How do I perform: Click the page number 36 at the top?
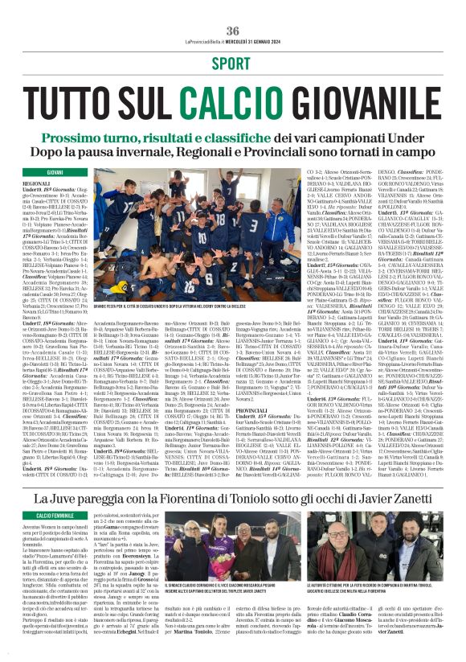click(233, 9)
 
